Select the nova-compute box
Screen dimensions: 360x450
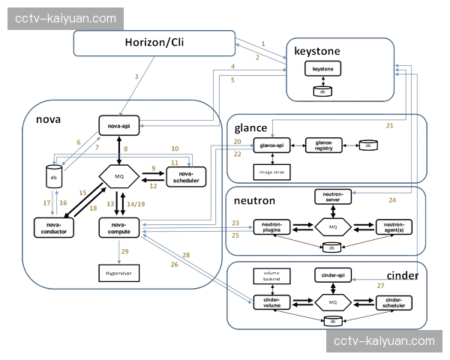(120, 227)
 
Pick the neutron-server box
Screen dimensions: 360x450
(333, 198)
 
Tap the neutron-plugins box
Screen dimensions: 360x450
(271, 226)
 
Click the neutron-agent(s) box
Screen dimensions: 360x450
(393, 226)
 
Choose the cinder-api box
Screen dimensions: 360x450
(330, 276)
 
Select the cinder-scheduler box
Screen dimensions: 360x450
(393, 302)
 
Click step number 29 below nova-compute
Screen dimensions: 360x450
(124, 251)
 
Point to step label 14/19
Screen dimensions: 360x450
(136, 204)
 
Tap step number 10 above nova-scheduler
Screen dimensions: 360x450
(175, 148)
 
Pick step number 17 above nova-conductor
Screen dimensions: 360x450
(46, 203)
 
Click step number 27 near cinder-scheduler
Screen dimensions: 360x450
(380, 286)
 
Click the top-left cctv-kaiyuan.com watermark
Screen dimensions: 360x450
(66, 18)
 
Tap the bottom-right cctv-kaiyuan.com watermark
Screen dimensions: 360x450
(384, 341)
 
